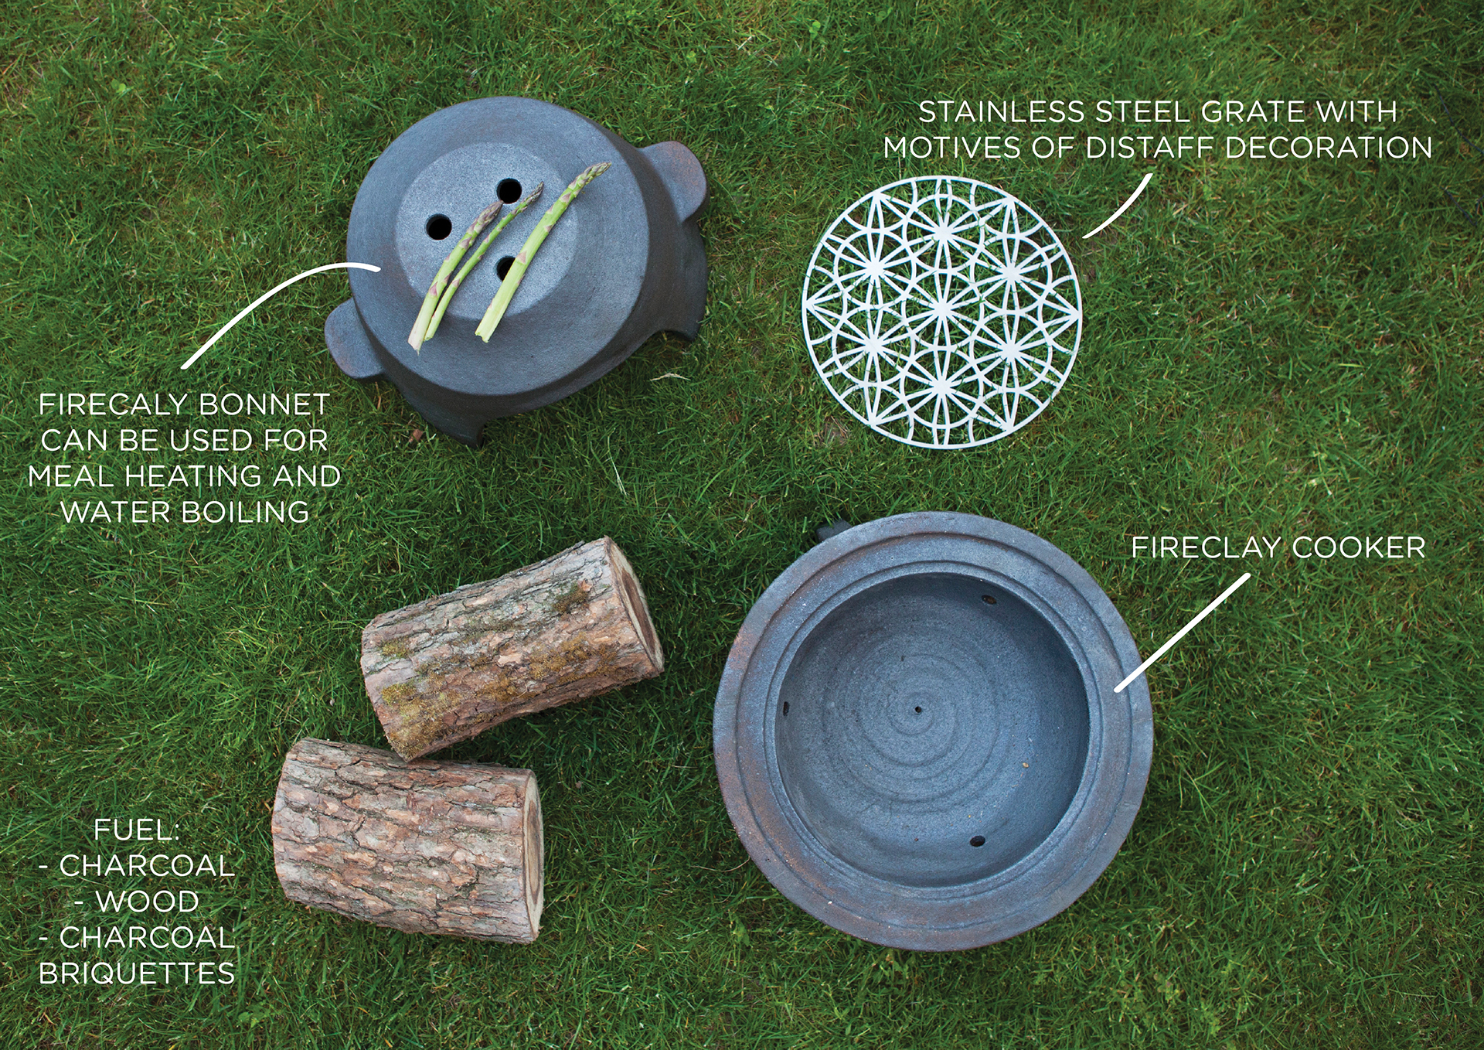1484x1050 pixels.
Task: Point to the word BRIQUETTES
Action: [137, 973]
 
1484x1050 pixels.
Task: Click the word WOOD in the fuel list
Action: [147, 902]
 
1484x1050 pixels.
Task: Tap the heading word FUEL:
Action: [137, 830]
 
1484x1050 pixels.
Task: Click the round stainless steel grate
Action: [941, 311]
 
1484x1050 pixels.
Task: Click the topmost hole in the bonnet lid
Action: [509, 190]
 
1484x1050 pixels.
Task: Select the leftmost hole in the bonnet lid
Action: [438, 227]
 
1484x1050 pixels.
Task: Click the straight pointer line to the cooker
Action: [1183, 632]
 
